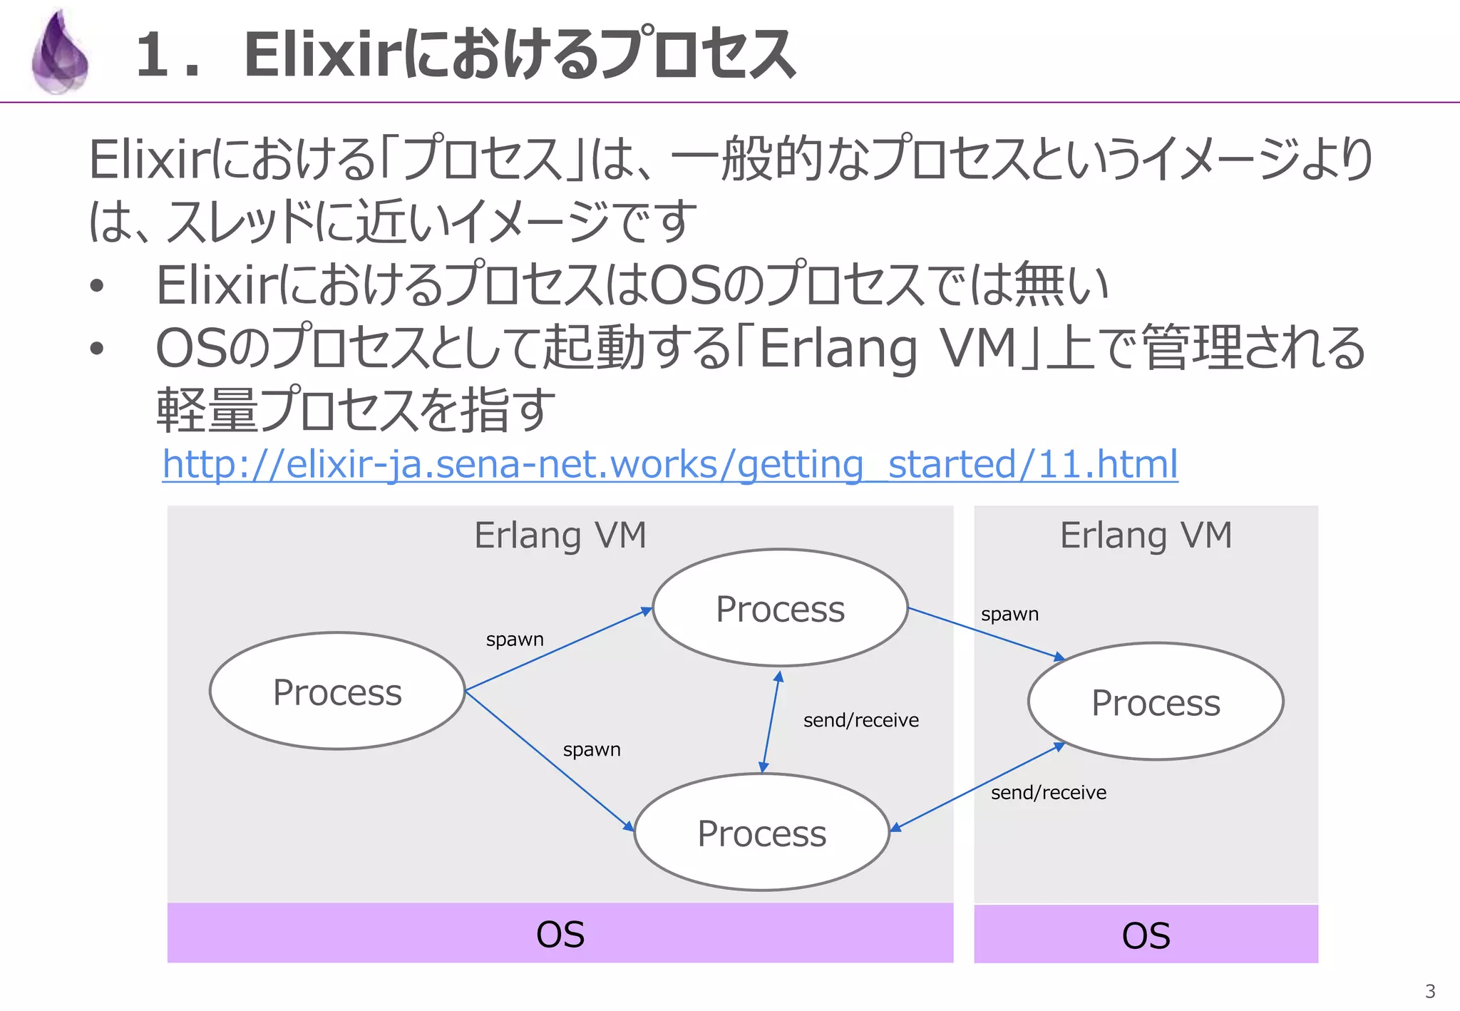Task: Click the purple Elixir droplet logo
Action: pos(60,54)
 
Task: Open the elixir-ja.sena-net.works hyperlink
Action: pos(669,464)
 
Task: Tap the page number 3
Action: pos(1429,990)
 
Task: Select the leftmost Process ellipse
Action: pos(337,691)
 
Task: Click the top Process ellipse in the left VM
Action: pos(780,608)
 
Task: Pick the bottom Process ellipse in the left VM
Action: pos(761,832)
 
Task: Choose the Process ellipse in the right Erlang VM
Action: pos(1155,702)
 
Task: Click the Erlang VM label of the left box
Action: pos(560,535)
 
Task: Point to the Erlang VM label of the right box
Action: pos(1146,535)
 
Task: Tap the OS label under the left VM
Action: pos(560,934)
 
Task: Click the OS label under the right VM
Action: pos(1146,935)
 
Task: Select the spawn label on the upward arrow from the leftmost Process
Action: pos(515,640)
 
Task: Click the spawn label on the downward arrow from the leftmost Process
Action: pos(592,749)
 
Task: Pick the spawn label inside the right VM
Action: pos(1009,614)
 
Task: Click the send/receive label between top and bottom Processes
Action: pos(860,720)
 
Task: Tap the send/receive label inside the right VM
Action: pos(1048,792)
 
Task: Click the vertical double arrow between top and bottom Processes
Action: pos(771,722)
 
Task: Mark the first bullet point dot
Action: pos(97,287)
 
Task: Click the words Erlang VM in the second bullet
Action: pos(888,349)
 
